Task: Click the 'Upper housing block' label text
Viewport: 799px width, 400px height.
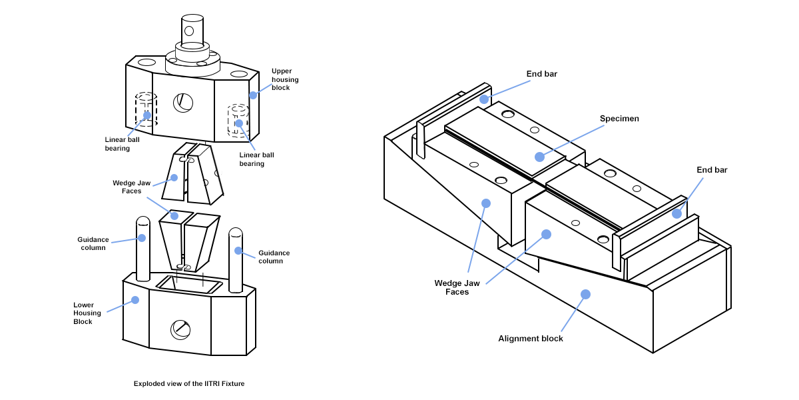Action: [285, 79]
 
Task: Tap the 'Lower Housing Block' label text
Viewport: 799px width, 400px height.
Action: [87, 313]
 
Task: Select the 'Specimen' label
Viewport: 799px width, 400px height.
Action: [619, 119]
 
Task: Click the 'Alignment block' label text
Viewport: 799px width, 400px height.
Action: [531, 339]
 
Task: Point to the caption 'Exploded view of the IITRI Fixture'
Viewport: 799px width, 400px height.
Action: [184, 383]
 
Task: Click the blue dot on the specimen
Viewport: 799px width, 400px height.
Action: [539, 157]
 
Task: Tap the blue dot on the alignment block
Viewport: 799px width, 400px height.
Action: [585, 294]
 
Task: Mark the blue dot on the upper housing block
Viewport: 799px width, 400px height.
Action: [253, 95]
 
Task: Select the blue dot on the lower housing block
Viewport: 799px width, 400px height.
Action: [135, 300]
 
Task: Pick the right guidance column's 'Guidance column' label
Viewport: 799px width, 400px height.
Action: [274, 257]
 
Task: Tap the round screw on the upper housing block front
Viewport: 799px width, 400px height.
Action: [183, 102]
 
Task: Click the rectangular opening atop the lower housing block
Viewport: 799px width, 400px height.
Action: [189, 285]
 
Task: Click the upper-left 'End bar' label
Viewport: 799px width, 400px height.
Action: [541, 74]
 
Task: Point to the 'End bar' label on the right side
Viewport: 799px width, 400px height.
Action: [712, 170]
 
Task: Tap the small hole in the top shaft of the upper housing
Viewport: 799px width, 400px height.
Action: [189, 31]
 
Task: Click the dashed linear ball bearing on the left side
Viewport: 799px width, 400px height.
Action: [146, 110]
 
